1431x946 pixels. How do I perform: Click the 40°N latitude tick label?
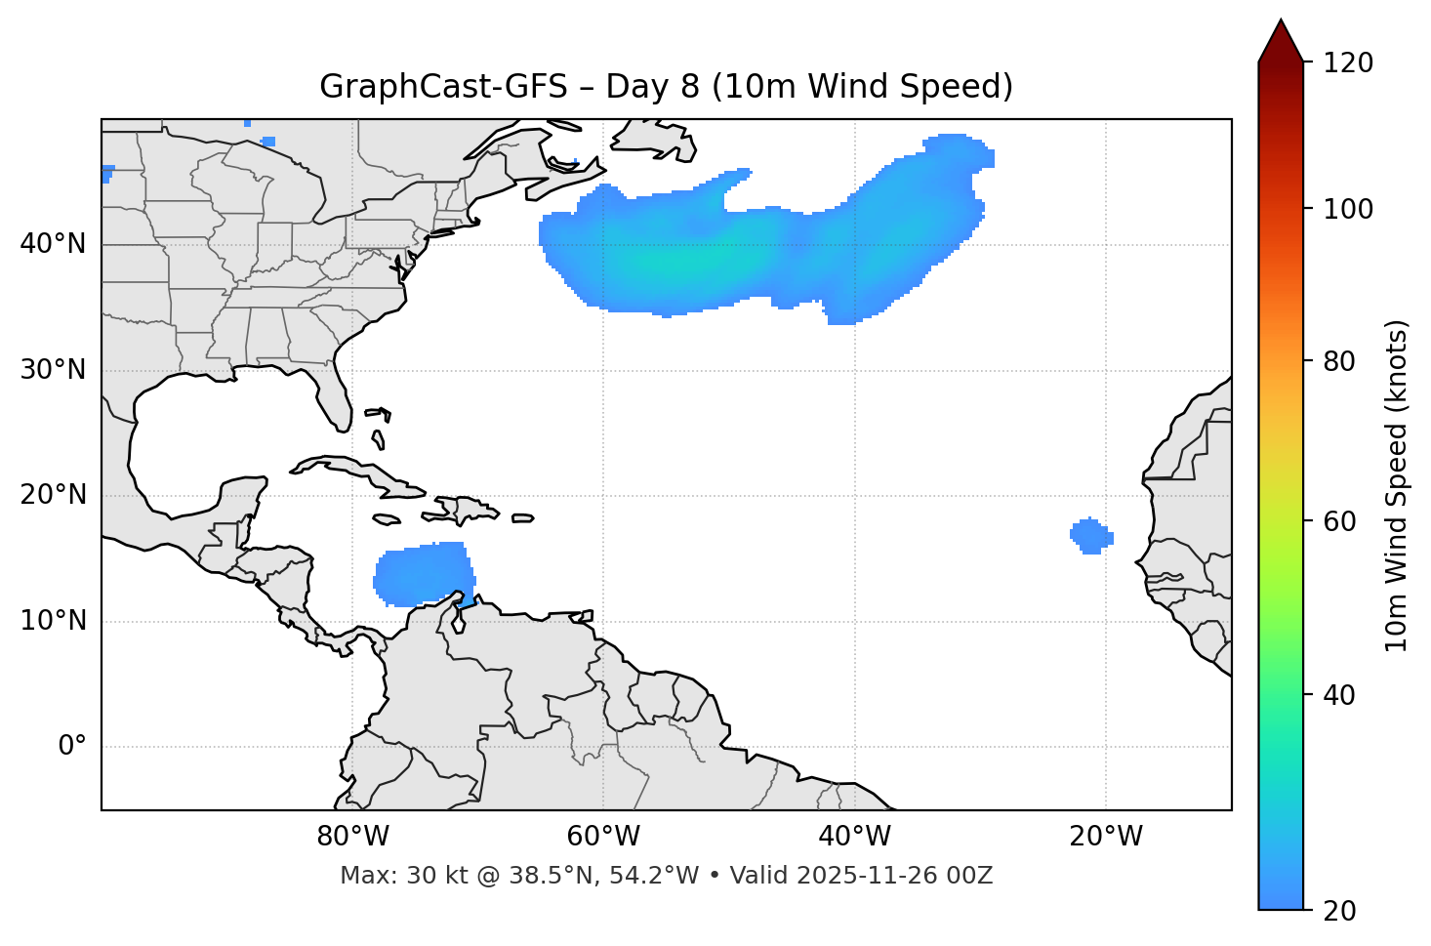tap(53, 244)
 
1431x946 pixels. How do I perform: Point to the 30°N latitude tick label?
tap(53, 370)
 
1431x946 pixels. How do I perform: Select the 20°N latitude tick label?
tap(53, 495)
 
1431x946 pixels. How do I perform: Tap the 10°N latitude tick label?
tap(53, 621)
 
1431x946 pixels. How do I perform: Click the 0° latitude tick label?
tap(71, 747)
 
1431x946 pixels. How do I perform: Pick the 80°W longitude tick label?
tap(352, 837)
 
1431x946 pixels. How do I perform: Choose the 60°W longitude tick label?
tap(603, 837)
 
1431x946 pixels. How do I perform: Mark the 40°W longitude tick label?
tap(854, 837)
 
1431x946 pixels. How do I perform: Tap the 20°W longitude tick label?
tap(1105, 837)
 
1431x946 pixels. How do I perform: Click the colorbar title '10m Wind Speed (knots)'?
tap(1397, 485)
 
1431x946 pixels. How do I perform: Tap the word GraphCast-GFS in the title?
tap(443, 87)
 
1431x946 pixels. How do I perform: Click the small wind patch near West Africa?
tap(1091, 535)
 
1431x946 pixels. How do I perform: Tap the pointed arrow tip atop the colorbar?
tap(1281, 23)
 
